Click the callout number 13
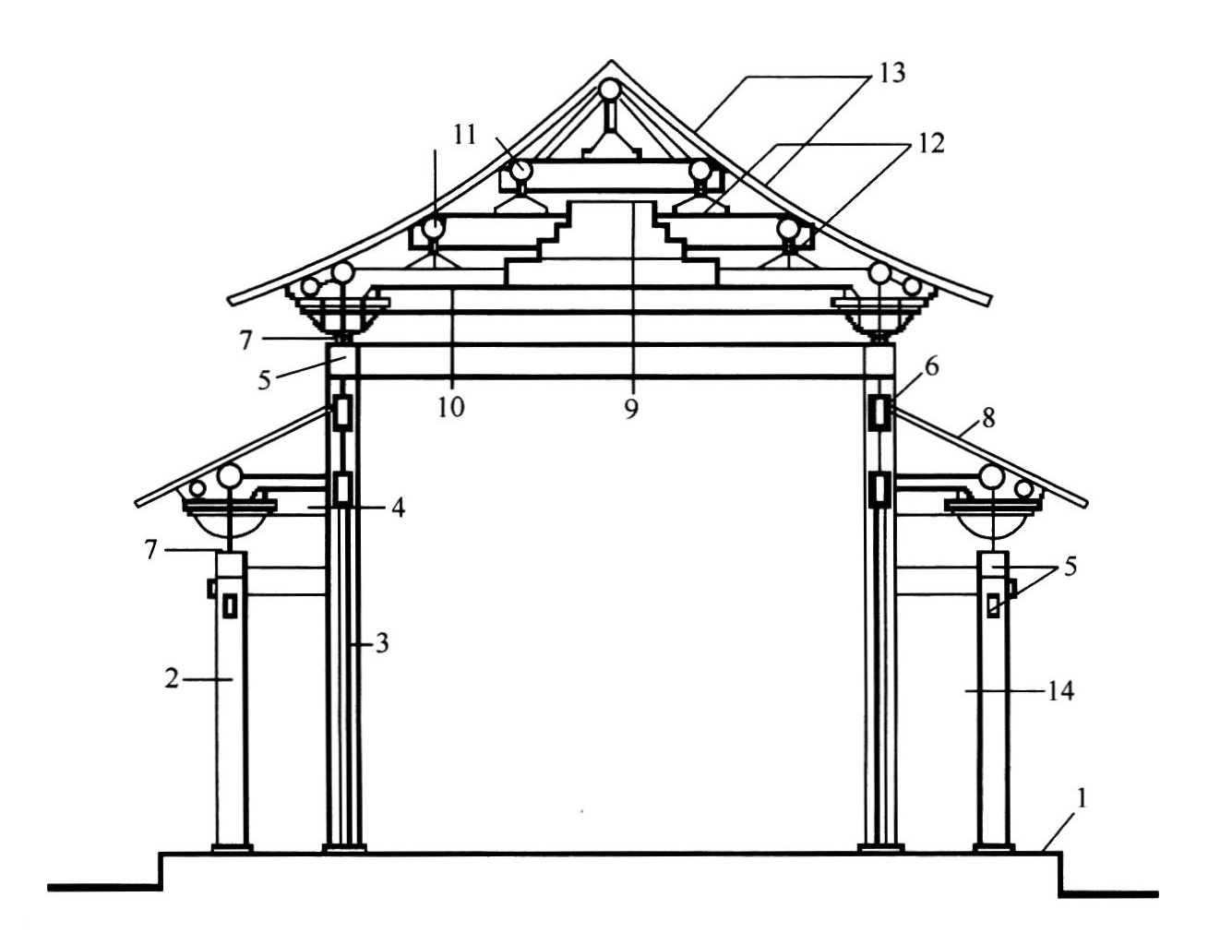tap(891, 73)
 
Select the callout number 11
tap(465, 135)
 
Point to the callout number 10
tap(450, 407)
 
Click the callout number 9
tap(631, 409)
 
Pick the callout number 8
tap(987, 418)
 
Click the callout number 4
tap(398, 508)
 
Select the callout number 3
tap(381, 644)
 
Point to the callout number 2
tap(172, 678)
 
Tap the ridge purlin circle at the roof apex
tap(610, 89)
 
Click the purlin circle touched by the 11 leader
tap(521, 170)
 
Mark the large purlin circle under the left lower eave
tap(230, 476)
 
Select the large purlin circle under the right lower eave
tap(991, 477)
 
